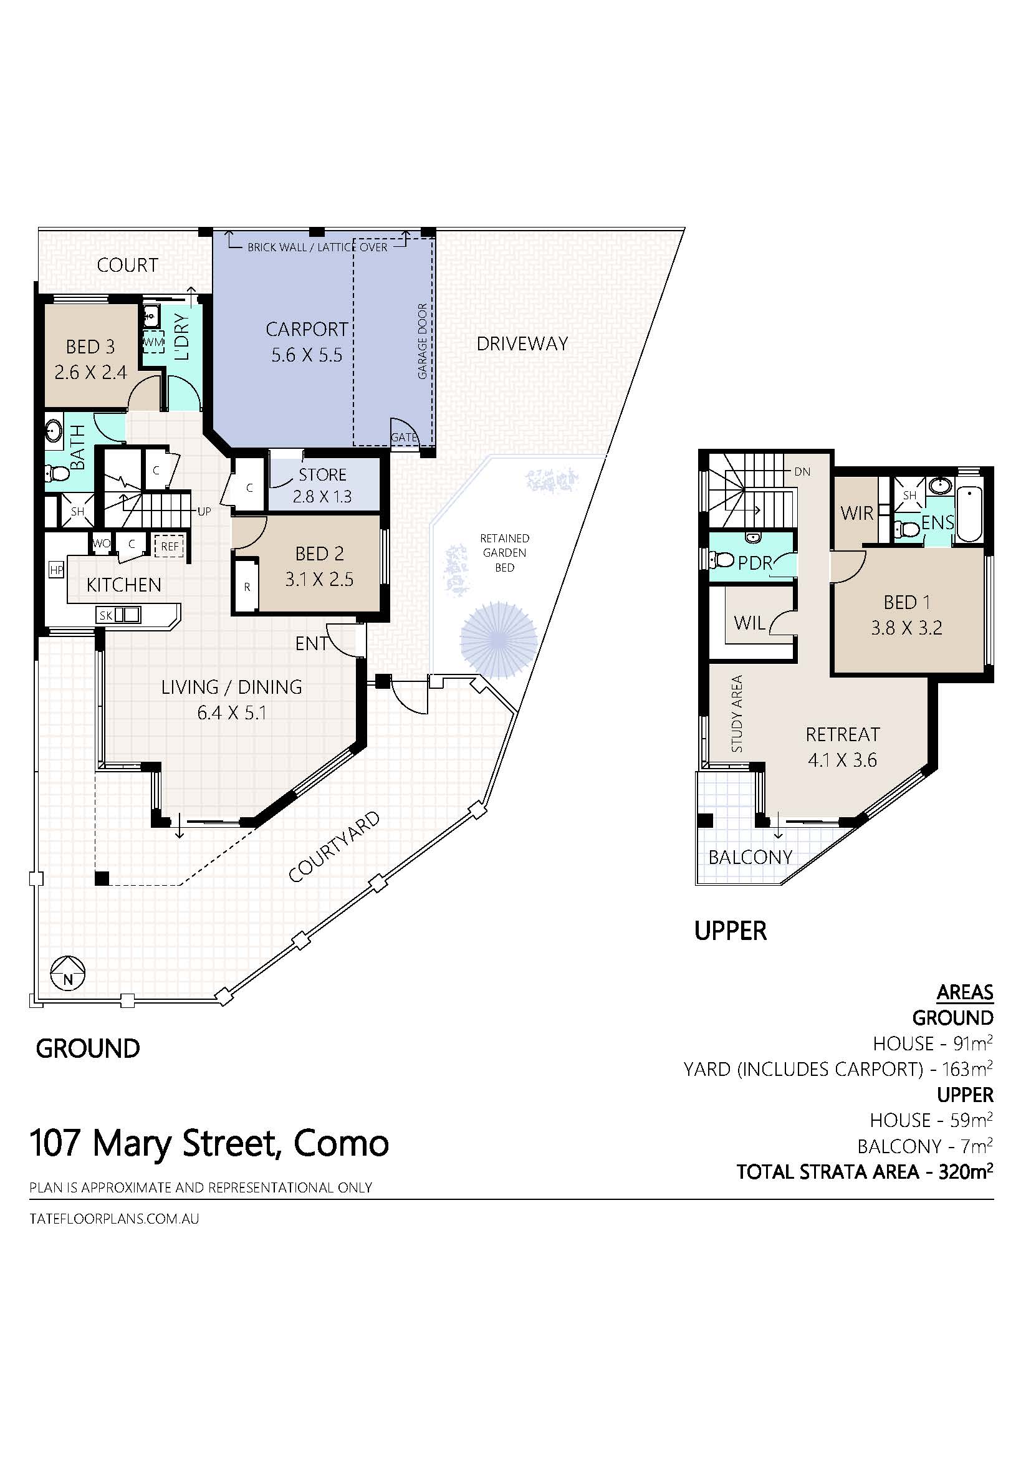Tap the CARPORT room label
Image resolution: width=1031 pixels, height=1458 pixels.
click(x=307, y=329)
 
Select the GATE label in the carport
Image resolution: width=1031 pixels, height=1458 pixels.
click(x=404, y=438)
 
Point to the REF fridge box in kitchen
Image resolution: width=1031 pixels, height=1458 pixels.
click(x=170, y=545)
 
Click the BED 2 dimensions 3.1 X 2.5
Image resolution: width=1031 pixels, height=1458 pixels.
click(x=319, y=579)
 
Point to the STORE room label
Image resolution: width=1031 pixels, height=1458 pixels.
click(x=322, y=475)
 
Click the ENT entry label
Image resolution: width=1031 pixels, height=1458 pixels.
click(x=312, y=643)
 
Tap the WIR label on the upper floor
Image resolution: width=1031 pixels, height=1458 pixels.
click(x=857, y=513)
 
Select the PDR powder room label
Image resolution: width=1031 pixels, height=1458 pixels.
click(x=755, y=563)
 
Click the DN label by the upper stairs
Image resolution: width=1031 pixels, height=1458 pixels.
click(x=802, y=472)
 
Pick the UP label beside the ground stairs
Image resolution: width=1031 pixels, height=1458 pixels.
click(x=204, y=511)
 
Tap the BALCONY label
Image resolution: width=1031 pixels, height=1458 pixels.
click(x=750, y=857)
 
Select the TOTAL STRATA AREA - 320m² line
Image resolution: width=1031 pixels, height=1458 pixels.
click(x=865, y=1171)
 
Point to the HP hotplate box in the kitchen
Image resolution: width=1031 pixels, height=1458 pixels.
click(x=57, y=570)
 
